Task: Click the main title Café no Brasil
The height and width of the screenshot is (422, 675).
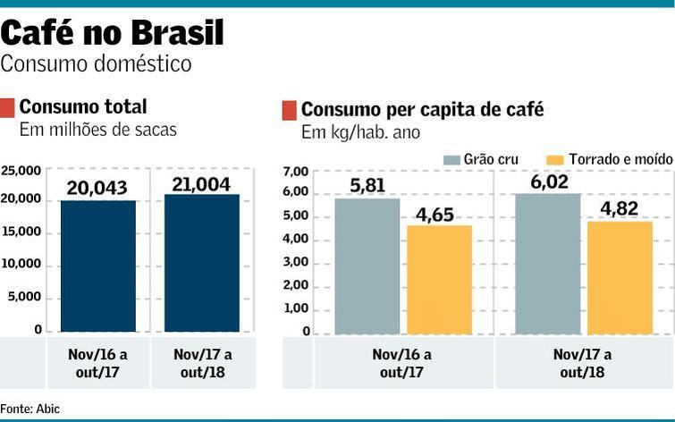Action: pos(112,33)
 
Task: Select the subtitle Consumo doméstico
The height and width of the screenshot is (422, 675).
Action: pos(96,64)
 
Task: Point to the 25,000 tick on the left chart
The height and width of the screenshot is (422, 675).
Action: pos(21,170)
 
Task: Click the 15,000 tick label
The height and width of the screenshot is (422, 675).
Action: pos(21,232)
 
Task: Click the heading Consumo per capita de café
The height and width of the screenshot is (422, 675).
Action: pos(422,110)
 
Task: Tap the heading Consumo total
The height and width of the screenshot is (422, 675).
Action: pos(83,107)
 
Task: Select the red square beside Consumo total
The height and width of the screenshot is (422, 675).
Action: pos(7,108)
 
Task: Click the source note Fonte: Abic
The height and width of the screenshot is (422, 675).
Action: pos(30,409)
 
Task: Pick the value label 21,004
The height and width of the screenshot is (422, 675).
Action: pos(202,183)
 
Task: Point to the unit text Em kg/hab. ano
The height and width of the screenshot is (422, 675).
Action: pos(360,133)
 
